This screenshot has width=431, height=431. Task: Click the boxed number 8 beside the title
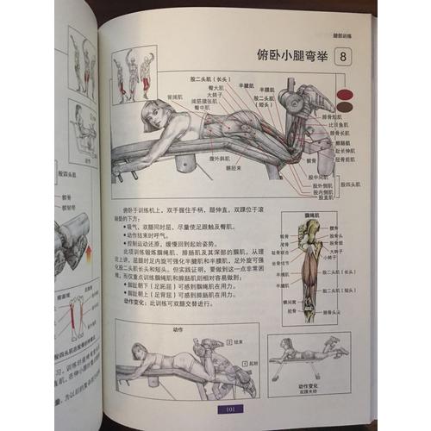click(x=343, y=57)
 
